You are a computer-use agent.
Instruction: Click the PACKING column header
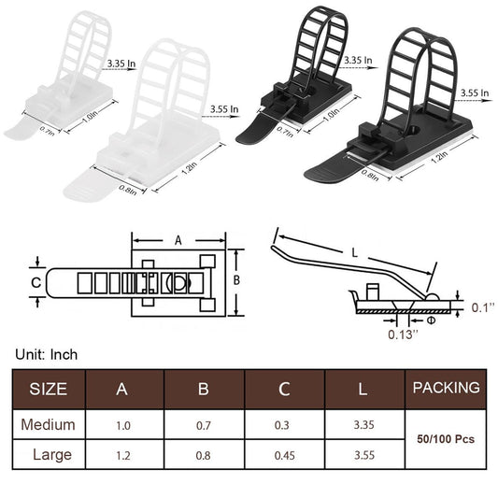[x=446, y=388]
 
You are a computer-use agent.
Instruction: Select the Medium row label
[x=49, y=424]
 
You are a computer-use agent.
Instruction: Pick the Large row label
[x=52, y=455]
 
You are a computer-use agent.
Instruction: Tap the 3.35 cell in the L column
[x=364, y=424]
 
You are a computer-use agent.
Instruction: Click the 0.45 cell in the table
[x=284, y=455]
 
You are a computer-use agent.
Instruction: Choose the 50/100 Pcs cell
[x=446, y=439]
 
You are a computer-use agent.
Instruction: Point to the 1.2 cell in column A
[x=123, y=456]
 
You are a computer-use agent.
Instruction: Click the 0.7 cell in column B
[x=204, y=425]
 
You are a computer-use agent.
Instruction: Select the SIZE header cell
[x=49, y=389]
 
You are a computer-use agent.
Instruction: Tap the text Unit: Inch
[x=47, y=354]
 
